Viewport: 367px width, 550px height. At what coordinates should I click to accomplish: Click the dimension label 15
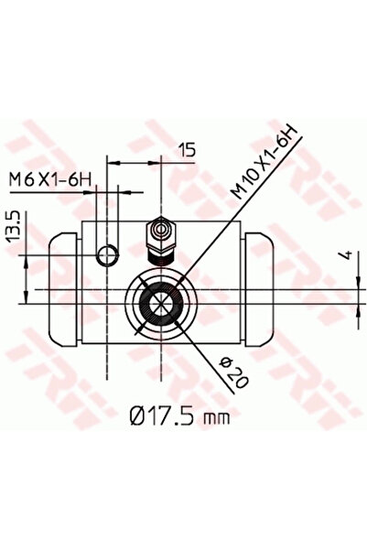(x=187, y=150)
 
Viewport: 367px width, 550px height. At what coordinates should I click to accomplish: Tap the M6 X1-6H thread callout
(x=50, y=180)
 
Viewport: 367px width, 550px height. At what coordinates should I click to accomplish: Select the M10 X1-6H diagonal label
(x=264, y=163)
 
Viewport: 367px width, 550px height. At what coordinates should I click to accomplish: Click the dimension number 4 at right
(x=347, y=255)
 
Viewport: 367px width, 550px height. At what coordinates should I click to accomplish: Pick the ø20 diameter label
(x=234, y=372)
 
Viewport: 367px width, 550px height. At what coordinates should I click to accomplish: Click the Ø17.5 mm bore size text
(x=180, y=417)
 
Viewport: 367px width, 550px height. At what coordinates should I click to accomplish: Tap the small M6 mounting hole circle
(x=107, y=255)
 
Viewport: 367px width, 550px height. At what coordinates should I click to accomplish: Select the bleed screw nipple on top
(x=161, y=236)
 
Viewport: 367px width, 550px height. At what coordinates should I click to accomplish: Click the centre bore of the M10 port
(x=161, y=303)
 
